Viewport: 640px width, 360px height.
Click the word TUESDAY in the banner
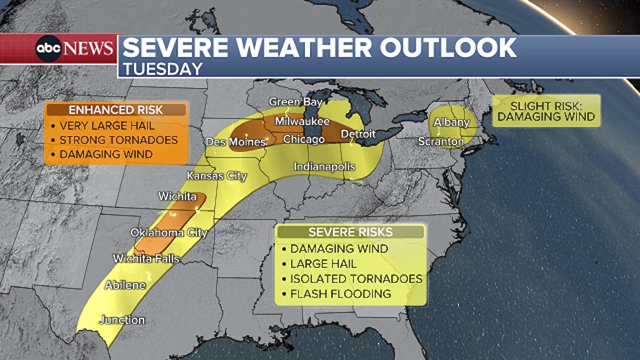tap(163, 68)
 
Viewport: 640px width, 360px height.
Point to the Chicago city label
tap(303, 139)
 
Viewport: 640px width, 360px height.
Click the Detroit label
tap(357, 134)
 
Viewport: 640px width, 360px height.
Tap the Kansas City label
tap(217, 176)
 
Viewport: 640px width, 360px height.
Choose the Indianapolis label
tap(325, 166)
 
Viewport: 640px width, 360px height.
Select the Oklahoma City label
tap(169, 232)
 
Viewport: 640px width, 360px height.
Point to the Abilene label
tap(125, 285)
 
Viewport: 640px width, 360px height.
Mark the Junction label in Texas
tap(122, 320)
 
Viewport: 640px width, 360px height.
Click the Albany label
tap(452, 122)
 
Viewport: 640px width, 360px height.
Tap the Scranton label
tap(441, 141)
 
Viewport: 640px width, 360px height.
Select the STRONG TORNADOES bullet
tap(118, 140)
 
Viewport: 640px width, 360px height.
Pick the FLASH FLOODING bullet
tap(341, 294)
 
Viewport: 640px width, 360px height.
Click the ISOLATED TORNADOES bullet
tap(355, 279)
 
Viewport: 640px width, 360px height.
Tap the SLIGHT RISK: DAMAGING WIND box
tap(546, 111)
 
